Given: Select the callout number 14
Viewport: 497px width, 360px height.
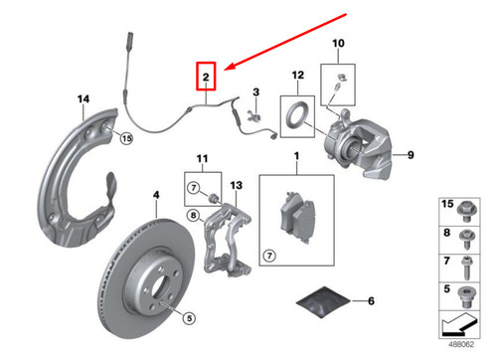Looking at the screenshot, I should pos(83,97).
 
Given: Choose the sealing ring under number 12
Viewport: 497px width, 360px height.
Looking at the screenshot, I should pos(297,113).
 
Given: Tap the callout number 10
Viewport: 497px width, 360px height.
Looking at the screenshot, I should pos(337,44).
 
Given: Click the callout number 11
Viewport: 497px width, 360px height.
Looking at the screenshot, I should pos(202,159).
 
